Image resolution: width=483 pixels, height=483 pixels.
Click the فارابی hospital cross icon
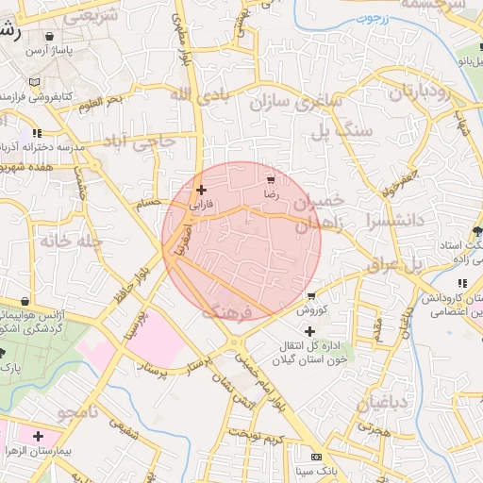pyautogui.click(x=201, y=190)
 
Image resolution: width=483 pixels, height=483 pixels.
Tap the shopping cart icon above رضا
pyautogui.click(x=272, y=178)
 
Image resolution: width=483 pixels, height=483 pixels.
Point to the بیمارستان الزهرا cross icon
pyautogui.click(x=38, y=436)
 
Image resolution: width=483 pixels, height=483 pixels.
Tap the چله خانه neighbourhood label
pyautogui.click(x=70, y=241)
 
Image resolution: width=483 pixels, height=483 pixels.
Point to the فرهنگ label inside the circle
pyautogui.click(x=228, y=310)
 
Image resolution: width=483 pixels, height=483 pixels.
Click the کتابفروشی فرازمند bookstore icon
pyautogui.click(x=34, y=96)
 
